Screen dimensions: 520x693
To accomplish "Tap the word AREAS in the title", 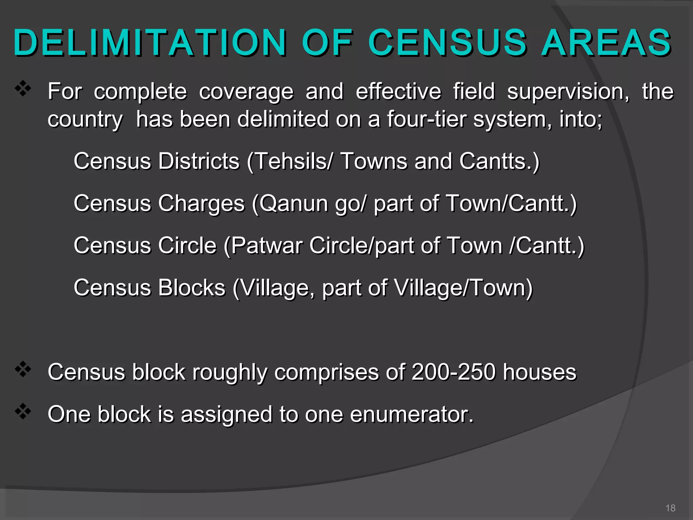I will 606,43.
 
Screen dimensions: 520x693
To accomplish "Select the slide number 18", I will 670,508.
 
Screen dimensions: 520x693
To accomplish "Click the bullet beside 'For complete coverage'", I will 23,89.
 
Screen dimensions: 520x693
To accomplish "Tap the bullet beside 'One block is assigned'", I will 23,411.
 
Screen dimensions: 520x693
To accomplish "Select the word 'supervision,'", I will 568,91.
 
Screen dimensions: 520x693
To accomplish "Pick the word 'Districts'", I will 199,161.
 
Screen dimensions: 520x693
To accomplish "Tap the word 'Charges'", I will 201,204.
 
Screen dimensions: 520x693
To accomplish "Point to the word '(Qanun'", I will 290,204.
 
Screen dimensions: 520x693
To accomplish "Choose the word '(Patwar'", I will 263,246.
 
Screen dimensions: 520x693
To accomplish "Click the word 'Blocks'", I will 192,288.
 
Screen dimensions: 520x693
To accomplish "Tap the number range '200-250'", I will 454,372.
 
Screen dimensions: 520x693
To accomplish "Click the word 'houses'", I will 539,372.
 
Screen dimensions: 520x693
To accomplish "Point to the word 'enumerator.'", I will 411,414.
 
